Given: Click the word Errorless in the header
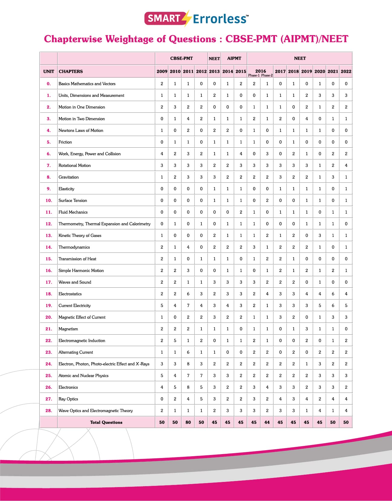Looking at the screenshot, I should pyautogui.click(x=220, y=19).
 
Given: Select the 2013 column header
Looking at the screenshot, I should pyautogui.click(x=214, y=71).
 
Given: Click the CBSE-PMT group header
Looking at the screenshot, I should pyautogui.click(x=181, y=58).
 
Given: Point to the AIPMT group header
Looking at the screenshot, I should pyautogui.click(x=234, y=58).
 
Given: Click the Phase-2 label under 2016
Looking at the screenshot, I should pyautogui.click(x=267, y=75).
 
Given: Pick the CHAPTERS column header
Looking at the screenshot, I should pyautogui.click(x=71, y=71).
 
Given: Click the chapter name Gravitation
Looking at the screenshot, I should pyautogui.click(x=69, y=177).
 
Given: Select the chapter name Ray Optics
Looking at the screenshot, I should pyautogui.click(x=68, y=399).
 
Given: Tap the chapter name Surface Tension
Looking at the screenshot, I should pyautogui.click(x=73, y=201).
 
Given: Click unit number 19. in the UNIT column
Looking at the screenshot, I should pyautogui.click(x=49, y=306).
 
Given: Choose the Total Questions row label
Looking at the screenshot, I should pyautogui.click(x=106, y=422).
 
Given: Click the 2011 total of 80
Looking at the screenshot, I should pyautogui.click(x=188, y=422).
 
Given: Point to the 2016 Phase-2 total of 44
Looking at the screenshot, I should pyautogui.click(x=267, y=422).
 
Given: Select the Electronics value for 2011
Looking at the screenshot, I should pyautogui.click(x=188, y=387).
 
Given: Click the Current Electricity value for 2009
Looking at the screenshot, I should pyautogui.click(x=162, y=306).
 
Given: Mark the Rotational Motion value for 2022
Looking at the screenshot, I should pyautogui.click(x=346, y=165).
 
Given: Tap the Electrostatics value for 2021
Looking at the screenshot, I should pyautogui.click(x=333, y=294).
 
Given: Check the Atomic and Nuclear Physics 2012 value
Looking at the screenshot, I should pyautogui.click(x=201, y=376).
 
